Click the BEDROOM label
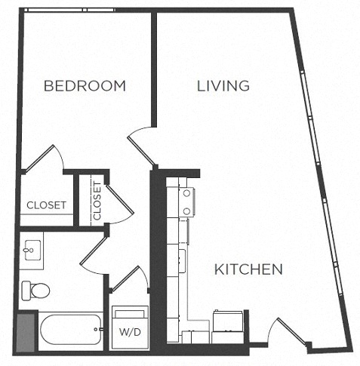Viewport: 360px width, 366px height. tap(85, 86)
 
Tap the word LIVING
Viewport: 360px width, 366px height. tap(223, 86)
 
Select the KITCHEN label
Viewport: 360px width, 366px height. tap(248, 269)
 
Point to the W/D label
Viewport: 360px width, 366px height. tap(130, 332)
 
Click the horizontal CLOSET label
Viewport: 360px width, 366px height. tap(47, 205)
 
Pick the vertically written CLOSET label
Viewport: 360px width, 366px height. tap(97, 201)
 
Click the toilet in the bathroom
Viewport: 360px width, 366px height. tap(35, 291)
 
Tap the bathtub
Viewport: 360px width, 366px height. tap(71, 329)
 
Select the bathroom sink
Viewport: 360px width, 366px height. tap(32, 250)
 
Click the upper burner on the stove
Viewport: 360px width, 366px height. tap(186, 193)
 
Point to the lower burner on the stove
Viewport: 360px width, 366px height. tap(186, 211)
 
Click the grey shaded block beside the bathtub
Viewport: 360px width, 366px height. tap(26, 331)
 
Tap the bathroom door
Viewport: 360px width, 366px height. tap(94, 251)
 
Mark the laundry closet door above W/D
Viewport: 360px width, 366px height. tap(129, 278)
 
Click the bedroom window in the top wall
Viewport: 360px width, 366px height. tap(69, 10)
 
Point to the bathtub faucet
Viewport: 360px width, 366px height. tap(97, 329)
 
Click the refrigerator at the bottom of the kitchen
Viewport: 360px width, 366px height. tap(228, 326)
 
